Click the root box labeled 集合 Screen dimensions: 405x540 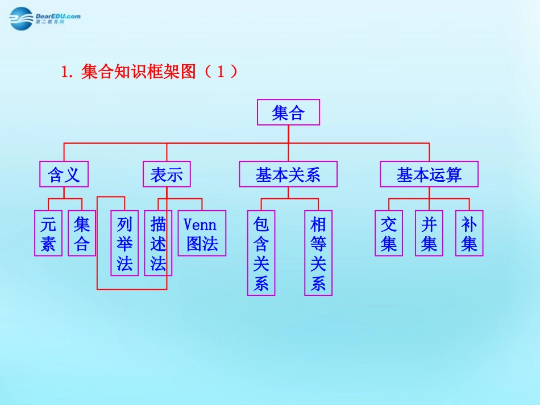pyautogui.click(x=288, y=112)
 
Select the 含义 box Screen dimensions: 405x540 pyautogui.click(x=64, y=174)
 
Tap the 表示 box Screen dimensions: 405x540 pyautogui.click(x=167, y=174)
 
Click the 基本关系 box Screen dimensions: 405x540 pyautogui.click(x=288, y=174)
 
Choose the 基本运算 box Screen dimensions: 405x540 pyautogui.click(x=429, y=174)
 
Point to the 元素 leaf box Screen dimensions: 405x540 pyautogui.click(x=48, y=233)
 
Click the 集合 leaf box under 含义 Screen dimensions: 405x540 pyautogui.click(x=82, y=233)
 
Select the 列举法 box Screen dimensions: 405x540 pyautogui.click(x=124, y=243)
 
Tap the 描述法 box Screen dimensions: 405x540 pyautogui.click(x=158, y=243)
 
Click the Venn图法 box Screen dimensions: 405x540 pyautogui.click(x=202, y=233)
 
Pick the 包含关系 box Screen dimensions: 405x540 pyautogui.click(x=261, y=253)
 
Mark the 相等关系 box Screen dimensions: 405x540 pyautogui.click(x=318, y=253)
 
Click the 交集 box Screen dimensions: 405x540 pyautogui.click(x=389, y=233)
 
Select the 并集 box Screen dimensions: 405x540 pyautogui.click(x=429, y=233)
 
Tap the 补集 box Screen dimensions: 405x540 pyautogui.click(x=470, y=233)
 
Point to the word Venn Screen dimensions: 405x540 pyautogui.click(x=200, y=224)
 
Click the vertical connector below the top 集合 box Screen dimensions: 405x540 pyautogui.click(x=288, y=134)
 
